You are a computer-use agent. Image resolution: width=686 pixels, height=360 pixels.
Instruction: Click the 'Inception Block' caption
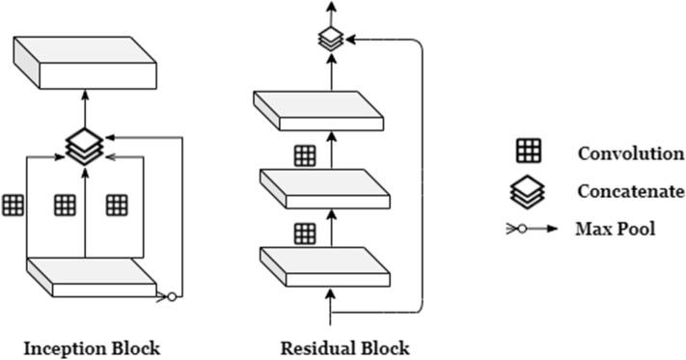[x=93, y=346]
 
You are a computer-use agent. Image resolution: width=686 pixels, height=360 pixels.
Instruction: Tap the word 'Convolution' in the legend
[x=630, y=153]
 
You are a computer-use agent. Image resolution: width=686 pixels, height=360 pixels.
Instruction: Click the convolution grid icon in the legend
[x=530, y=151]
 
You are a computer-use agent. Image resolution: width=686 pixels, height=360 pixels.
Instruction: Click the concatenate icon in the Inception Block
[x=85, y=145]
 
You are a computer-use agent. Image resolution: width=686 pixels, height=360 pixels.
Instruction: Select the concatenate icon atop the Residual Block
[x=331, y=40]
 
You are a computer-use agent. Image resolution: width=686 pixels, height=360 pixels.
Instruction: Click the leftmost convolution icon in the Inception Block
[x=13, y=205]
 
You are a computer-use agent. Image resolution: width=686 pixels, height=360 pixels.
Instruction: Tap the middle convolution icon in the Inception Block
[x=65, y=205]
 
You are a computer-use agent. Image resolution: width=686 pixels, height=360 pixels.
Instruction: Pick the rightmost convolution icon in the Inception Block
[x=117, y=205]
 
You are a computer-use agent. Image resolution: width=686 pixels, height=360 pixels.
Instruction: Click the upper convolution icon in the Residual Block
[x=305, y=154]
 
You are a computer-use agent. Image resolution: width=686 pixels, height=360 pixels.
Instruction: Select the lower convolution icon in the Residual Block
[x=305, y=232]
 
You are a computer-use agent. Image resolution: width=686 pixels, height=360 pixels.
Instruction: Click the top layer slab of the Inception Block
[x=85, y=60]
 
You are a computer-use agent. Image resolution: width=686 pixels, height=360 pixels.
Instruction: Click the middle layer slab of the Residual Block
[x=328, y=189]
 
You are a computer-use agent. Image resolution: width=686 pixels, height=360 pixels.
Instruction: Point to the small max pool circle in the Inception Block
[x=172, y=296]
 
